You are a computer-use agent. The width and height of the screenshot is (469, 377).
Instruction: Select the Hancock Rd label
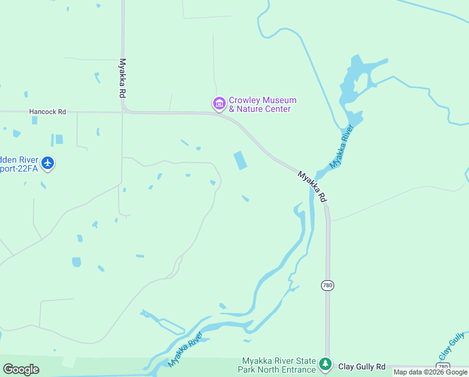(x=48, y=112)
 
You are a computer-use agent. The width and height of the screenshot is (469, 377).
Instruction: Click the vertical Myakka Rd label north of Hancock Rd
(x=122, y=78)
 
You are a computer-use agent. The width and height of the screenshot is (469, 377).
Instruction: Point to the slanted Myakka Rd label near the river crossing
(x=312, y=186)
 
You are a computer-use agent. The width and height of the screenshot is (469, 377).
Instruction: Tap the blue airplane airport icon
(x=48, y=164)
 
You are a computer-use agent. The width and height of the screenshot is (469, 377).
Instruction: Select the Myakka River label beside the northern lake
(x=342, y=146)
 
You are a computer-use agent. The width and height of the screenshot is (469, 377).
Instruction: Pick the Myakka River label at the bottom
(x=187, y=350)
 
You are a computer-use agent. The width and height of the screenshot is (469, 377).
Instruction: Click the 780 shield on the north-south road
(x=327, y=285)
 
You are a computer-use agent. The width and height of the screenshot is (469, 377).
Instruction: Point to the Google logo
(x=21, y=369)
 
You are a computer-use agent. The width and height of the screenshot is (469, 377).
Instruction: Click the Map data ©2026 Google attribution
(x=430, y=372)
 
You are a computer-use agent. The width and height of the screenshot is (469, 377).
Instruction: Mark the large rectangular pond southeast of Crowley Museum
(x=240, y=160)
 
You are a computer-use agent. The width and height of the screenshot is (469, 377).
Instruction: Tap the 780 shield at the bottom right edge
(x=443, y=366)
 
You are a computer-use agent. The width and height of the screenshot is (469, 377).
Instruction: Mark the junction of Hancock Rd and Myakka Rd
(x=124, y=112)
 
